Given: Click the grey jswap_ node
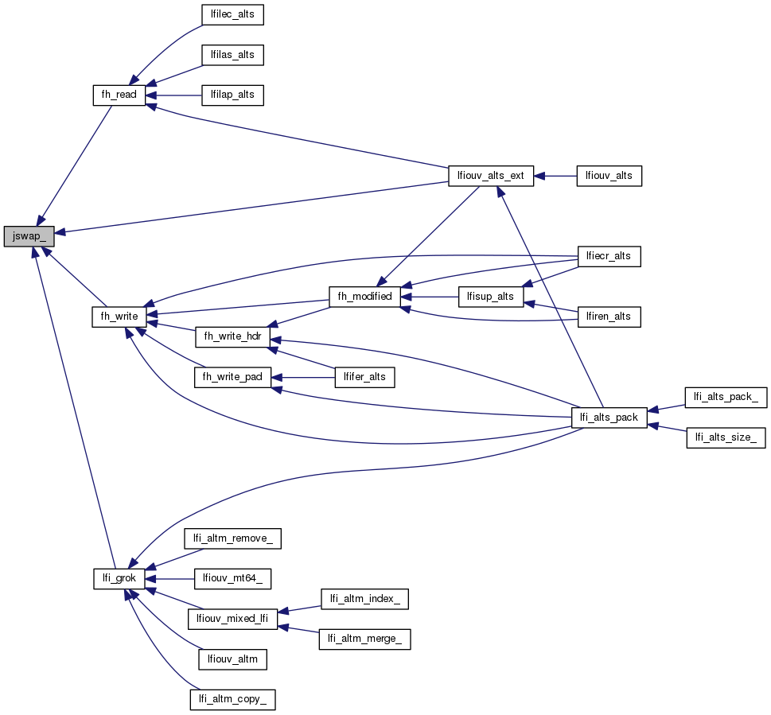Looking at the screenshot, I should point(29,236).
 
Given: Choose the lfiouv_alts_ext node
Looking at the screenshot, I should point(491,176).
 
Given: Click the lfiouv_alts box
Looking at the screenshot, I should point(609,176).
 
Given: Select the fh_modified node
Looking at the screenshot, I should point(365,297).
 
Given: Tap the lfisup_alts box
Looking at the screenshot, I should point(491,297).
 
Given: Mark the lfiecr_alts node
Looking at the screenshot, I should point(609,256).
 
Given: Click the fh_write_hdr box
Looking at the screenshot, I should point(232,336).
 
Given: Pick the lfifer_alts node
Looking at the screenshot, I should point(365,377).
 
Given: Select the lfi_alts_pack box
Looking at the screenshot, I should point(609,417).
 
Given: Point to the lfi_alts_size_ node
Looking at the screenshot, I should point(726,437).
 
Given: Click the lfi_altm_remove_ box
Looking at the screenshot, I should point(232,538).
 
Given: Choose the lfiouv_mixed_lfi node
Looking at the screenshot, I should point(232,619).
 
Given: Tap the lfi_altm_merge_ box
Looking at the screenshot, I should point(364,639).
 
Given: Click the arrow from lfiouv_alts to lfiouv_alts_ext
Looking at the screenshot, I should point(555,176).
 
